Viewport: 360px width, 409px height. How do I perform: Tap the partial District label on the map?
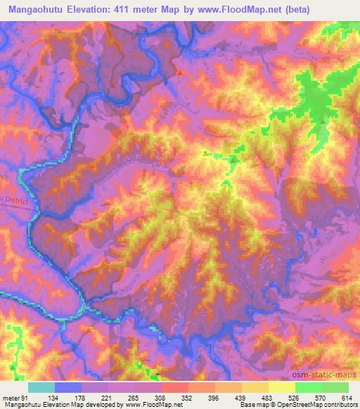pyautogui.click(x=14, y=200)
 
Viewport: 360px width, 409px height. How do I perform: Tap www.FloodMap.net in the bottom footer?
pyautogui.click(x=141, y=405)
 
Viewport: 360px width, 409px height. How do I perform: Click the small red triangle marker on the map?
pyautogui.click(x=179, y=72)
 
